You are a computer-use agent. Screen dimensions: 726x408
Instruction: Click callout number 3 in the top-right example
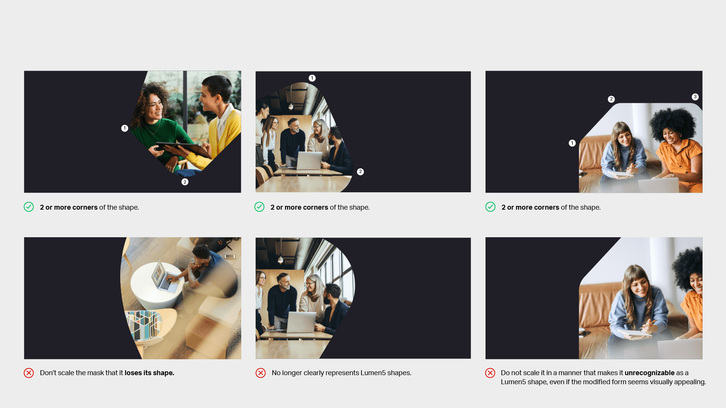pos(695,97)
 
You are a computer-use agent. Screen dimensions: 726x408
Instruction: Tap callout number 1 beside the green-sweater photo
pos(124,128)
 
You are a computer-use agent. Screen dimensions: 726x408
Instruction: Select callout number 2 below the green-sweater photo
pos(185,182)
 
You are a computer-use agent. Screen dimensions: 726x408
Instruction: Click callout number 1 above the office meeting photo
pos(312,78)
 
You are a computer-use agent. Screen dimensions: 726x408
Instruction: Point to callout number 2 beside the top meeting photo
pos(360,172)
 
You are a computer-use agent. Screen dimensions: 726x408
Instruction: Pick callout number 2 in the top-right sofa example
pos(611,99)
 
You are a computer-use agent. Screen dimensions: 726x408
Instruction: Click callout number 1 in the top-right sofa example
pos(572,143)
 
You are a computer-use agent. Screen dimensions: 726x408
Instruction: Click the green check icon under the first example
pos(29,207)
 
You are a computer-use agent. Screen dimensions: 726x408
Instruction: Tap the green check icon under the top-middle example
pos(259,207)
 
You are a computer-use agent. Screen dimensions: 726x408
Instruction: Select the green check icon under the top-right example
pos(490,207)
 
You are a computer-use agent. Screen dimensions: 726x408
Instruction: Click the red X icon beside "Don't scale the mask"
pos(29,373)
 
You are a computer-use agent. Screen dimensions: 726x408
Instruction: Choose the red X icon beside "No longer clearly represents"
pos(261,373)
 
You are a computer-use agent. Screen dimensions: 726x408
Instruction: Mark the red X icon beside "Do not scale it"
pos(490,373)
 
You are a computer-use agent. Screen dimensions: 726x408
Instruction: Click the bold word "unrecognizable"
pos(649,373)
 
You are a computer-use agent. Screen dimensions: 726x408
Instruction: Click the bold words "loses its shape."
pos(149,373)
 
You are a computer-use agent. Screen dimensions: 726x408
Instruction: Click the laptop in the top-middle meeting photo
pos(309,161)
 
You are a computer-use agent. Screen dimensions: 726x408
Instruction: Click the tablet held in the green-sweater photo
pos(183,149)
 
